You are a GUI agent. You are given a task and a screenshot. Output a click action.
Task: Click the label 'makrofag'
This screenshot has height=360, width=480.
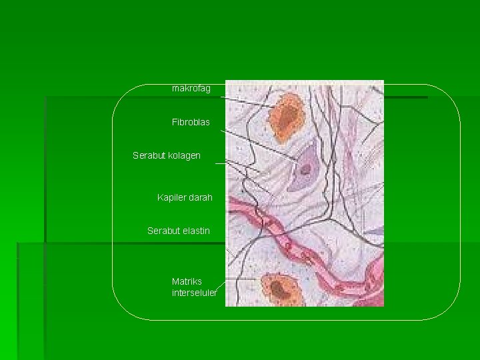(191, 88)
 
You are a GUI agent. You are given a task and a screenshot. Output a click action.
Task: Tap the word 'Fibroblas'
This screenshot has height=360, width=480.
(191, 123)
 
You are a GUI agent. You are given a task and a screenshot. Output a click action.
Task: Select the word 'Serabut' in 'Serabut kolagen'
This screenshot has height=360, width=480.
(148, 156)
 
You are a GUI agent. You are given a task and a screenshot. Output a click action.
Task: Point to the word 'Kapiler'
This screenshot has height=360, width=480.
(171, 198)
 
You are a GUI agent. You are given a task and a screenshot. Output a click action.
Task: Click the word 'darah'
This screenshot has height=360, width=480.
(200, 198)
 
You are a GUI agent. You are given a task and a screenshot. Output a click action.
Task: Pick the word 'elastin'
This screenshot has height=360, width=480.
(196, 231)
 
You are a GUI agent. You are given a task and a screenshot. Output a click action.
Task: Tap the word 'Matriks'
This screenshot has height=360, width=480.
(187, 282)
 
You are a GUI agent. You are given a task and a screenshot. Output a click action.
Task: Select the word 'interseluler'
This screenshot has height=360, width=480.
(194, 293)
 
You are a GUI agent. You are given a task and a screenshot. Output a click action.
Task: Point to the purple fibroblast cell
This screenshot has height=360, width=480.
(305, 167)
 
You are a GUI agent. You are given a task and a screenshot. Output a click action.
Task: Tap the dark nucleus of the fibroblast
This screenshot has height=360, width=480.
(305, 167)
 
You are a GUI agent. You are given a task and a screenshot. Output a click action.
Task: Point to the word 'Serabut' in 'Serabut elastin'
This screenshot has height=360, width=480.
(163, 231)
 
